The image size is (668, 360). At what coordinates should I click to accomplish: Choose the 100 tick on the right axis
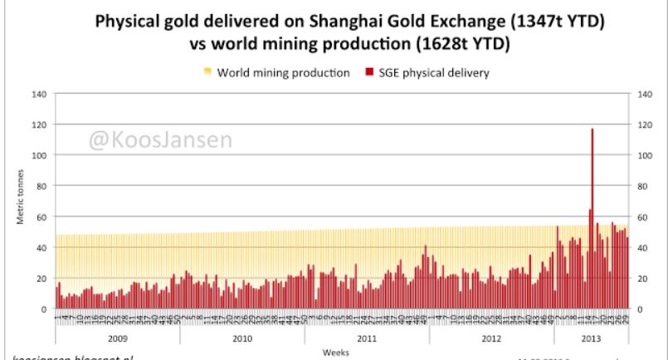pos(643,155)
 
